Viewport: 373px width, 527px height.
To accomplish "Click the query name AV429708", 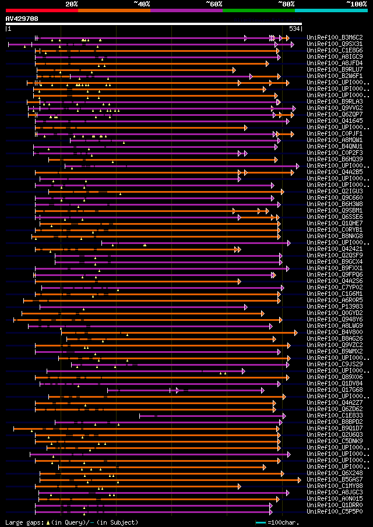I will [x=22, y=19].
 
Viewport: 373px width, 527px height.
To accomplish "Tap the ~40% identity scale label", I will [x=142, y=3].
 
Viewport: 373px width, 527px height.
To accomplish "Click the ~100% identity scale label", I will [x=357, y=3].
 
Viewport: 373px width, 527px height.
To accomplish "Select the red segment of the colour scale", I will [x=41, y=10].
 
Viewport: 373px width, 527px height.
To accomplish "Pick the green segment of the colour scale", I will [x=258, y=10].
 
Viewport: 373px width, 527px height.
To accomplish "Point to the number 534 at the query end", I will [x=294, y=28].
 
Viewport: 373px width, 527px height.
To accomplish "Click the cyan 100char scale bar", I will [x=260, y=522].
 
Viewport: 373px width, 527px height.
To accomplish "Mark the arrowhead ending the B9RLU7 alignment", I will [x=234, y=70].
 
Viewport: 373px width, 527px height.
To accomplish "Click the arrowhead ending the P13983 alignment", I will [x=245, y=307].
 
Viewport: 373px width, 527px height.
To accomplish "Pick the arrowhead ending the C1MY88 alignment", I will [x=239, y=486].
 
